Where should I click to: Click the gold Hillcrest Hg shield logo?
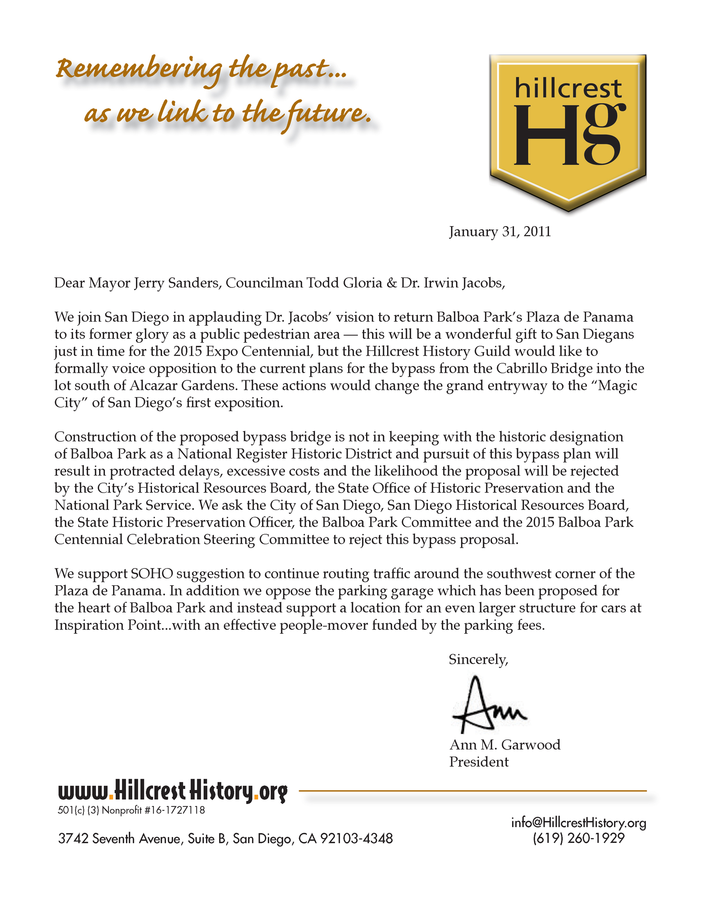(567, 130)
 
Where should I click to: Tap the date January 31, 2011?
(500, 231)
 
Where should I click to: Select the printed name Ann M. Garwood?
(505, 745)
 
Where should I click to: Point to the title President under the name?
(479, 762)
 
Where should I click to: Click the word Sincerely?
(478, 659)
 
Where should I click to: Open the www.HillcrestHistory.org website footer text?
(172, 791)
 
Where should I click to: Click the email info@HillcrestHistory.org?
(578, 823)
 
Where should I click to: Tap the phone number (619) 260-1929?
(578, 838)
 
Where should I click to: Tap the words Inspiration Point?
(107, 625)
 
